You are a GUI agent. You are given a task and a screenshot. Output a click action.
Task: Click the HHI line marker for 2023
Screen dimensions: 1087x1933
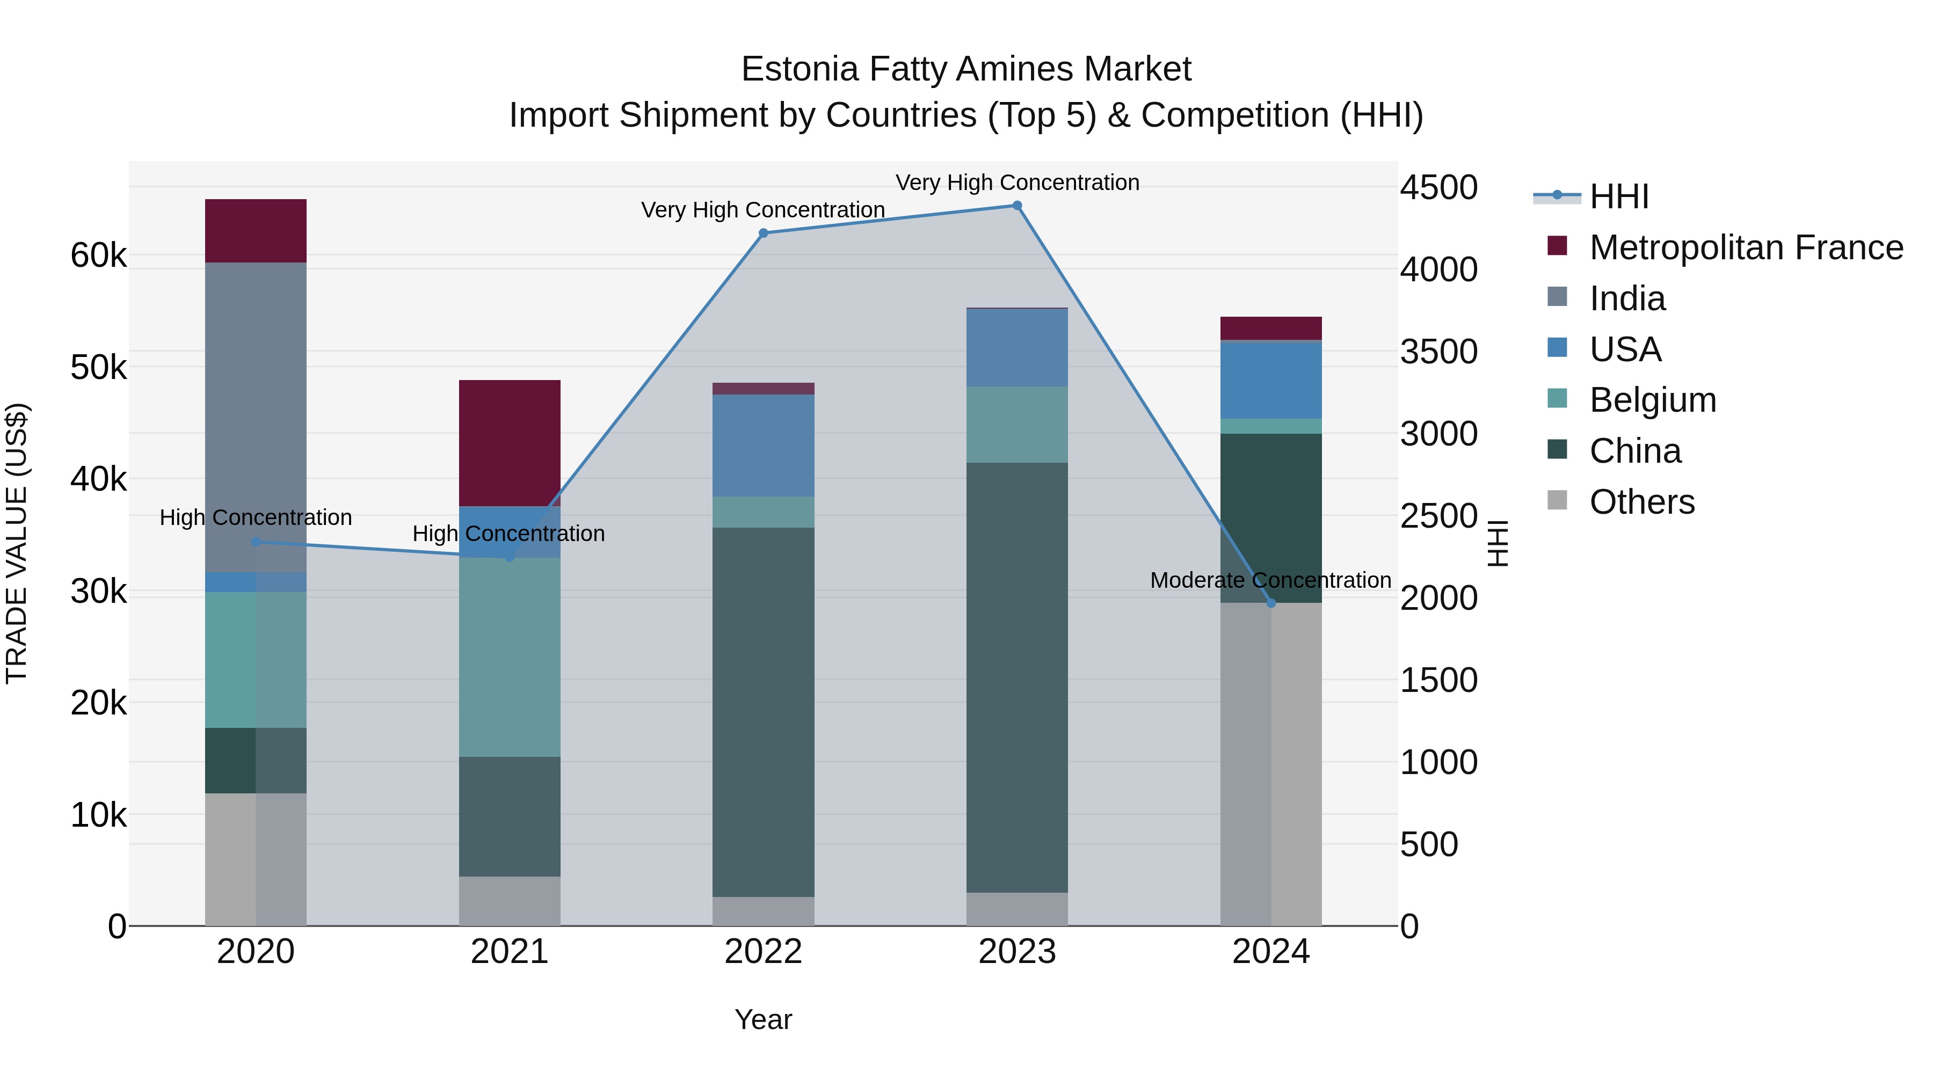coord(1017,206)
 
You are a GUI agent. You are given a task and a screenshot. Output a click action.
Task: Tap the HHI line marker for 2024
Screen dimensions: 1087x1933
coord(1270,603)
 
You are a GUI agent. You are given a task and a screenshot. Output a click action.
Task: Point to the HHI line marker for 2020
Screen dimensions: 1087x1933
coord(256,542)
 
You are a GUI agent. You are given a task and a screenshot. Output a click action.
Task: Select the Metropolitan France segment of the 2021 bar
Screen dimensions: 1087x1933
coord(510,443)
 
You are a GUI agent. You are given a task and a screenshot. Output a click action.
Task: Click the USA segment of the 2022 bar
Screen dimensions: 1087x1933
coord(763,445)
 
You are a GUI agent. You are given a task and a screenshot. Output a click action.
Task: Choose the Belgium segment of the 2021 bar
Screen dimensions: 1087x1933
coord(510,657)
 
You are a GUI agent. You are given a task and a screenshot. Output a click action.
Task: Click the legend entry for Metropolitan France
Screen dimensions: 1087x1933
coord(1746,247)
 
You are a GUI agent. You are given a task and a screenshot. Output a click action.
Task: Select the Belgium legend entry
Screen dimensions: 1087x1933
coord(1652,400)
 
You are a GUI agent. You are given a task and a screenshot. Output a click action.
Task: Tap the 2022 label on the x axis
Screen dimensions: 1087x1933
coord(763,952)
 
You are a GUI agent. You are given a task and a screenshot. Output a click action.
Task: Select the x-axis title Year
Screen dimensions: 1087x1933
coord(763,1019)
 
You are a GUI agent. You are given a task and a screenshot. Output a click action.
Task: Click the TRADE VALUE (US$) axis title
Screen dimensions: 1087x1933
coord(17,543)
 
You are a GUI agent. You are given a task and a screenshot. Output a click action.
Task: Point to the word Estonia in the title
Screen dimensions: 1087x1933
coord(799,69)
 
